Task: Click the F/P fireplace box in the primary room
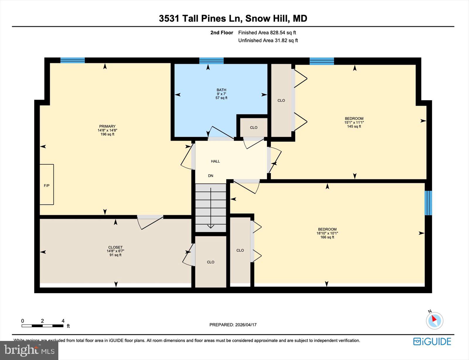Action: [47, 185]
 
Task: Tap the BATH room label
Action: [221, 90]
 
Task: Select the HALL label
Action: [215, 161]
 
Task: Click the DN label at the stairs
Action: [210, 176]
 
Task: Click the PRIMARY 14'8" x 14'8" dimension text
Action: [107, 130]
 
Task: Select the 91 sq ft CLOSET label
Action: [115, 251]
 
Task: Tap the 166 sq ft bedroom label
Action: [327, 233]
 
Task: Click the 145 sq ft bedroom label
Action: [354, 123]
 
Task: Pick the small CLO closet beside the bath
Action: [254, 127]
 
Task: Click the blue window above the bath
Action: [211, 61]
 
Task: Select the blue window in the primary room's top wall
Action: [72, 60]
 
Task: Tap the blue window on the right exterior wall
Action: [428, 203]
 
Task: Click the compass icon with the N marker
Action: [434, 320]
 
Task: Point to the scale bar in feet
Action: [43, 326]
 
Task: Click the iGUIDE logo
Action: [432, 342]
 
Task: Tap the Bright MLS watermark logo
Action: [29, 350]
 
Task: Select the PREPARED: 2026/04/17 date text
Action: [233, 325]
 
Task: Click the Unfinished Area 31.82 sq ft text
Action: [268, 40]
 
